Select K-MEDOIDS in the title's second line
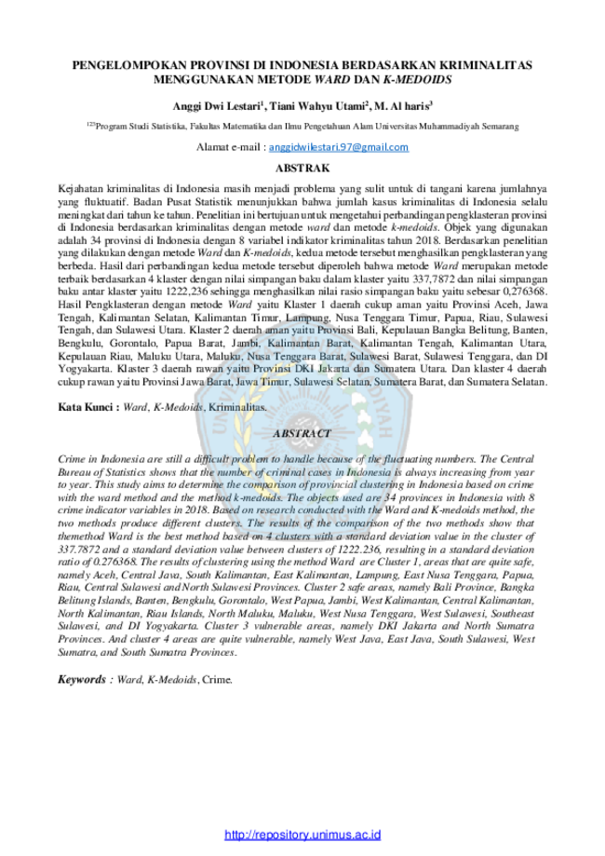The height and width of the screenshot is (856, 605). [x=417, y=80]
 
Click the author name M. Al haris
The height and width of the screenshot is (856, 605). [x=403, y=106]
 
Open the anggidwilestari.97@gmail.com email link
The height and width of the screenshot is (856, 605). [x=339, y=147]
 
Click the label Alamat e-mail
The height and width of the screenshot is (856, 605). [x=229, y=147]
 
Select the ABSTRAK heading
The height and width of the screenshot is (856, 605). [x=302, y=169]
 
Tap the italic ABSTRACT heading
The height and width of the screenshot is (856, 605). [x=302, y=433]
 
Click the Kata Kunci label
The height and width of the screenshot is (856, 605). [x=86, y=407]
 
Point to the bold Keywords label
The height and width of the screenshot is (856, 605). [x=82, y=680]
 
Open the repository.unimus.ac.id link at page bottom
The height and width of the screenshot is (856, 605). [x=302, y=835]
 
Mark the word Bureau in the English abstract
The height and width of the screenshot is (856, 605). [x=74, y=472]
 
